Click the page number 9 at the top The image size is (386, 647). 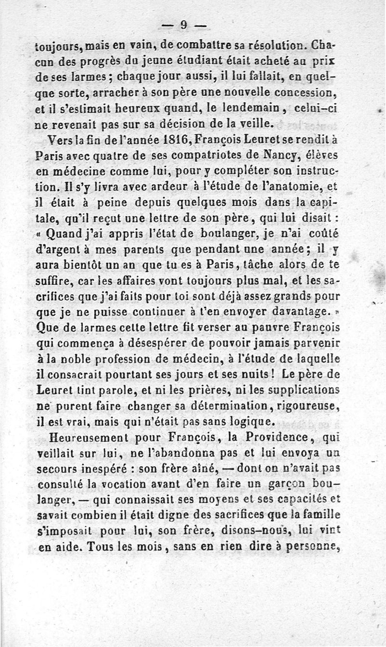184,25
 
